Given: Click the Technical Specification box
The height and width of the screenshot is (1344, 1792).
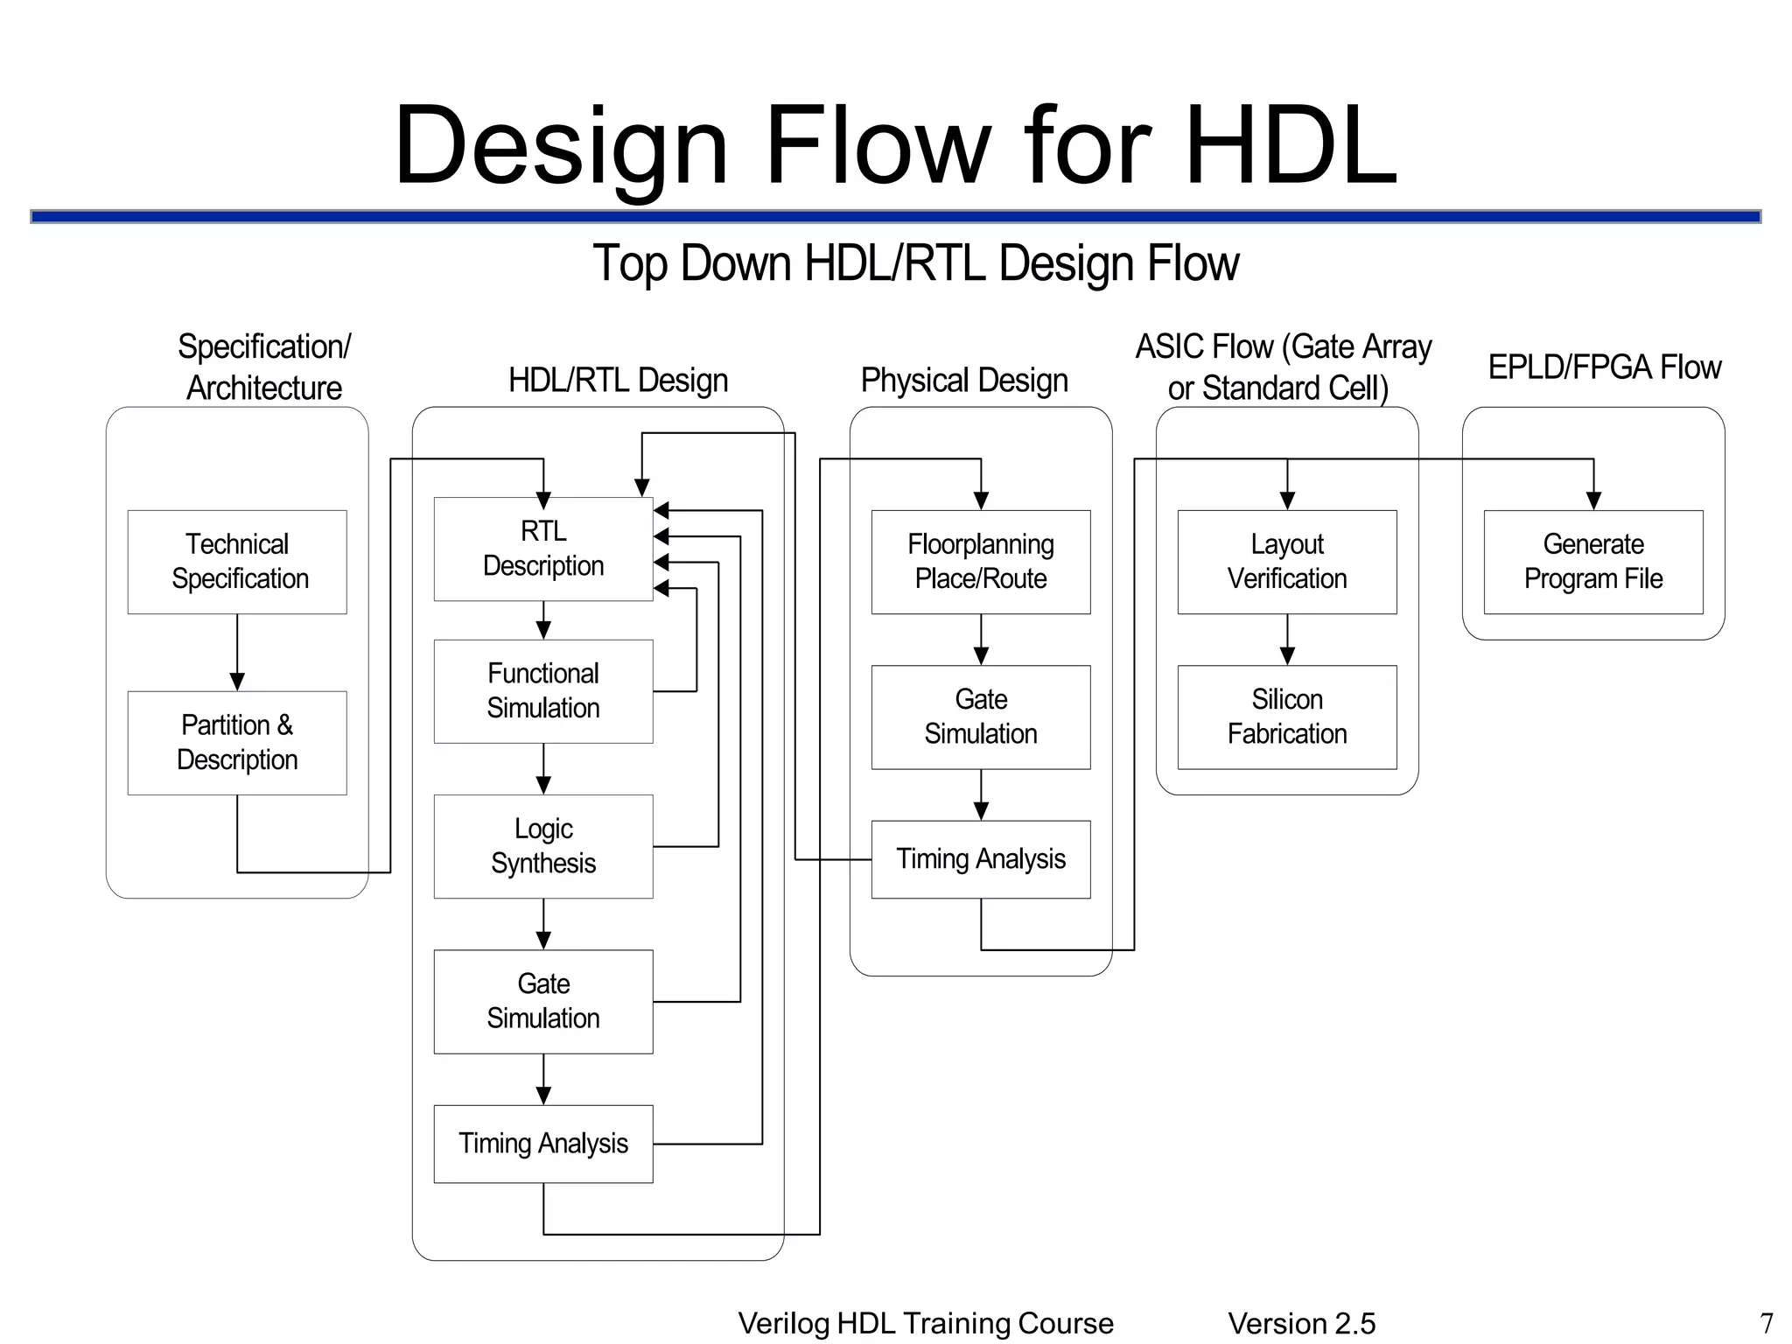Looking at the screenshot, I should click(237, 562).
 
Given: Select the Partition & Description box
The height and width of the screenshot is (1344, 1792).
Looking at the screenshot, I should click(237, 743).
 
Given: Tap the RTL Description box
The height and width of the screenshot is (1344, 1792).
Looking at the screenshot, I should click(543, 549).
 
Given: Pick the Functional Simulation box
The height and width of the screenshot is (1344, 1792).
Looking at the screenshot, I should click(543, 691).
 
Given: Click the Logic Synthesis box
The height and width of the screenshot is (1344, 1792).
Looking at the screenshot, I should click(543, 846).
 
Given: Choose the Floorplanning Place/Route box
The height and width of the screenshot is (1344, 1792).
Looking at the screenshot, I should click(981, 562).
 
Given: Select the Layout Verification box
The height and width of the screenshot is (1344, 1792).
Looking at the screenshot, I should click(1287, 562).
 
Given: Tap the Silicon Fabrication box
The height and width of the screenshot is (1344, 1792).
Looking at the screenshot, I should click(1287, 717).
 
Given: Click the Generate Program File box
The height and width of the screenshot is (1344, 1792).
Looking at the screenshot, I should click(1593, 562).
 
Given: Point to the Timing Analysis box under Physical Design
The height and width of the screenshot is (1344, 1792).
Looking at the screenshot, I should click(981, 859).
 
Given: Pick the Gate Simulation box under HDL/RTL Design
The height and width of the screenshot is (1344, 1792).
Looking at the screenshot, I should click(543, 1001).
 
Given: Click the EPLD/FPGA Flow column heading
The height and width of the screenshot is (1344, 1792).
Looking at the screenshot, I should click(1605, 367).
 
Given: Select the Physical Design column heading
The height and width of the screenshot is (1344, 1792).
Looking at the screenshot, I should click(964, 381).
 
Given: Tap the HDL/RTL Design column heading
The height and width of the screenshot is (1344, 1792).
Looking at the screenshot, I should click(619, 381).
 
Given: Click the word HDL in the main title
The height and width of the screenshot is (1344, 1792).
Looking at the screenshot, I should click(1291, 146).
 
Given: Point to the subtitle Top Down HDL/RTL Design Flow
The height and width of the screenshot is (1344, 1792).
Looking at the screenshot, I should click(916, 262).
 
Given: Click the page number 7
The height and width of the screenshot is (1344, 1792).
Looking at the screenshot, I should click(1766, 1322).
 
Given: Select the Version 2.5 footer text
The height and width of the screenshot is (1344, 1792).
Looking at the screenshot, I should click(1301, 1323).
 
